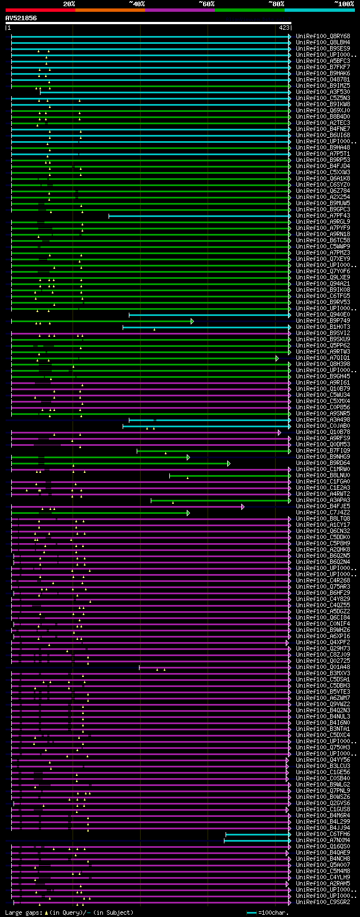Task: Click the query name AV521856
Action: [x=21, y=18]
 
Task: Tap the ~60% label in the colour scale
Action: [x=206, y=4]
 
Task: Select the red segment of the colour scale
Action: [x=40, y=10]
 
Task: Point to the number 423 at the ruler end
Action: [x=283, y=28]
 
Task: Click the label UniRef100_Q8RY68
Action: [x=323, y=36]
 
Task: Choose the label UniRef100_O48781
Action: [x=323, y=79]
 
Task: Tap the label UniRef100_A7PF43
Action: [x=323, y=215]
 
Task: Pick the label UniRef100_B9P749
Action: [x=323, y=320]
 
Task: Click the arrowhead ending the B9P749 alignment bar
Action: [x=192, y=321]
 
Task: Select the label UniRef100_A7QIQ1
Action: [x=323, y=358]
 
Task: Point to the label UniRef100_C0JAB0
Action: [x=323, y=426]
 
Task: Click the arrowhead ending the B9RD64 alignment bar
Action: [x=229, y=463]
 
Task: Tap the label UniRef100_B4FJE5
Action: [x=323, y=506]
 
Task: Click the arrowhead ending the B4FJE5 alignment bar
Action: [x=242, y=507]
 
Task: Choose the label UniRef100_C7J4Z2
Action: [x=323, y=512]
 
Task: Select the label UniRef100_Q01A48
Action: [x=323, y=667]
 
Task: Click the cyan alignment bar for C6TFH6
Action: [x=258, y=834]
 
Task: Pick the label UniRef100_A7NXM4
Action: [x=323, y=840]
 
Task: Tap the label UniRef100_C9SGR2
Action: [x=323, y=902]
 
